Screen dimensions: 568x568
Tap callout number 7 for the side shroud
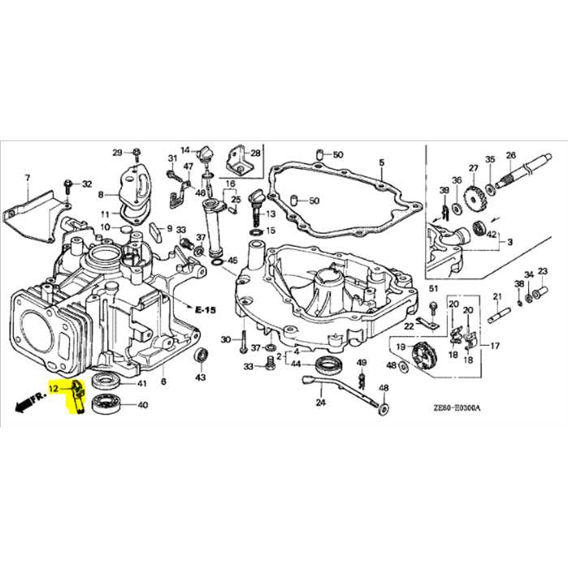point(26,178)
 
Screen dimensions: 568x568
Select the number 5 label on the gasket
point(381,163)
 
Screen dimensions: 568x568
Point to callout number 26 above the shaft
point(510,156)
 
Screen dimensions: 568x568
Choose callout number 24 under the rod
point(321,402)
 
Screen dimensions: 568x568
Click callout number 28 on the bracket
point(256,153)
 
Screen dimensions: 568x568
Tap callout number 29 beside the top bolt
point(117,153)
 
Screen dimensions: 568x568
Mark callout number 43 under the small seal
point(200,377)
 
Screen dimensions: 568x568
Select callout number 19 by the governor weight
point(400,346)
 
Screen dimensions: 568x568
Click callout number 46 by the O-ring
point(232,260)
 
